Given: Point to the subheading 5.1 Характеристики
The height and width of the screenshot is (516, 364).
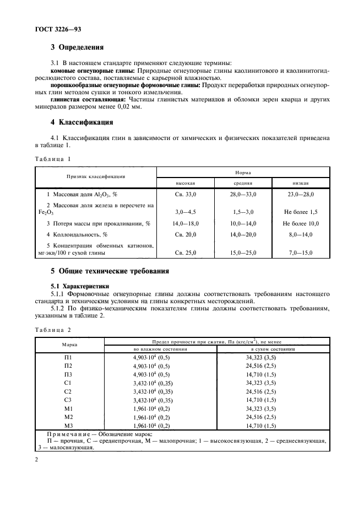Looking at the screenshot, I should point(79,286).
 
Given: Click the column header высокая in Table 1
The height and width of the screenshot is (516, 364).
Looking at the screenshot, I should point(186,183).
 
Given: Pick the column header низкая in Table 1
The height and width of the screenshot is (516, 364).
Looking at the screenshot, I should point(301,183).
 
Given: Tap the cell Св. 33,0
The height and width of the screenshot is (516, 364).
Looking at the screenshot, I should point(186,195).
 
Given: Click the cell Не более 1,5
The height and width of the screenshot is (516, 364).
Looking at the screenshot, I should point(301,212).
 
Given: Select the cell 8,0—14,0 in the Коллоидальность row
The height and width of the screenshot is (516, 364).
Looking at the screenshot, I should point(301,235).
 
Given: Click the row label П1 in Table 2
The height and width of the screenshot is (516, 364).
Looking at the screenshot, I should point(68,358).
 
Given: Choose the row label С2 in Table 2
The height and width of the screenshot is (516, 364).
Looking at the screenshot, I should point(68,391).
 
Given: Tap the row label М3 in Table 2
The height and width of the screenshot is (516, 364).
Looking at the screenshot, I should point(68,426).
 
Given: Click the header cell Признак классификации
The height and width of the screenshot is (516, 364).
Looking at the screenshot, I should point(96,177).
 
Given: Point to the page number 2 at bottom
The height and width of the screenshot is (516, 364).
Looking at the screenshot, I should point(36,459).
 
